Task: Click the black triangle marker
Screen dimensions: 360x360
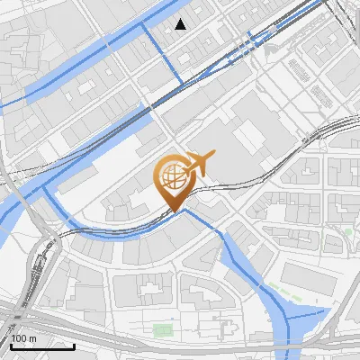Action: pyautogui.click(x=182, y=24)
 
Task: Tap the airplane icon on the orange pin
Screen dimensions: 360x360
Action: pyautogui.click(x=199, y=163)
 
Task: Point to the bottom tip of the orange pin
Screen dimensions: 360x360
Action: pyautogui.click(x=173, y=212)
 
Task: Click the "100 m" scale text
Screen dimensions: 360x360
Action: pyautogui.click(x=24, y=337)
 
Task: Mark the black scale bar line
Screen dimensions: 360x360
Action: pyautogui.click(x=42, y=346)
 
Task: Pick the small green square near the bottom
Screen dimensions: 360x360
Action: pyautogui.click(x=162, y=330)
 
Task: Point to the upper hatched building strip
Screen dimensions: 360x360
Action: pyautogui.click(x=300, y=67)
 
